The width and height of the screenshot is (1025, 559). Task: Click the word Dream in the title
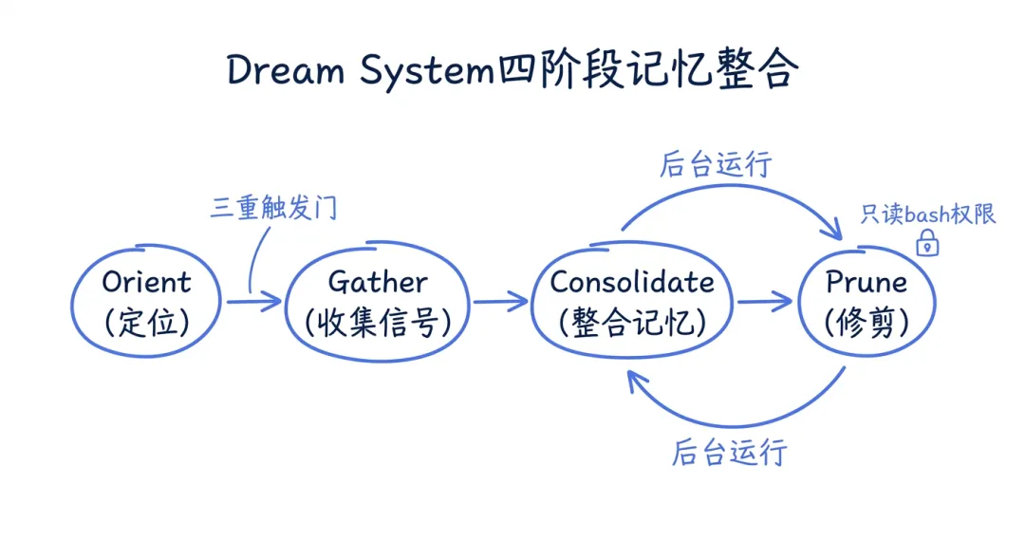tap(286, 71)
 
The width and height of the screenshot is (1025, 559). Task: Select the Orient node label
tap(146, 282)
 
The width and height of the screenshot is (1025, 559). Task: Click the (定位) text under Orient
tap(146, 323)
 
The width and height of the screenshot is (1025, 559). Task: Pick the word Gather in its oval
tap(378, 282)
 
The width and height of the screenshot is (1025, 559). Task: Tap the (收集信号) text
tap(378, 323)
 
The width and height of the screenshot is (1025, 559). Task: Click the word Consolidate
tap(632, 282)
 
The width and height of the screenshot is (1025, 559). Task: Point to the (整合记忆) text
tap(632, 323)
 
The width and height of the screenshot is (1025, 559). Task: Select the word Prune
tap(866, 282)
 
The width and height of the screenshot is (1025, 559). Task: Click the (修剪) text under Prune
tap(866, 323)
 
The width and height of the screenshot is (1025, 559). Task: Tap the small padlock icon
tap(927, 244)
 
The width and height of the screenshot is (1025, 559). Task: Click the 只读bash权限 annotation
tap(928, 214)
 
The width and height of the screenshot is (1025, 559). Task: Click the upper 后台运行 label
tap(717, 164)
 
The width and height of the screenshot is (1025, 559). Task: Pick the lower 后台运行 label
tap(730, 452)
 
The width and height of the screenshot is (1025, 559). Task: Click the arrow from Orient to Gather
tap(254, 302)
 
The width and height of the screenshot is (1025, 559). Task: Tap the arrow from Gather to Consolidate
tap(500, 302)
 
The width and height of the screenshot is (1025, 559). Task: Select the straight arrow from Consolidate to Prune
tap(764, 302)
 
